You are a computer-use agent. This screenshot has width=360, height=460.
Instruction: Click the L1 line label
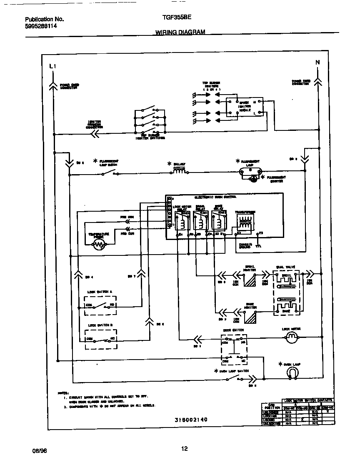tap(52, 66)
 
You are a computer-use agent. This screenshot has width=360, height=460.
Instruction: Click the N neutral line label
tap(317, 62)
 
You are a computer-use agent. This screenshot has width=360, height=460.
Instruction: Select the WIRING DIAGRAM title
tap(180, 32)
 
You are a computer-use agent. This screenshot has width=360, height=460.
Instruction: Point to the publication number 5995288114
tap(41, 26)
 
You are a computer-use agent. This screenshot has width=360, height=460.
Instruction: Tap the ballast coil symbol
tap(179, 171)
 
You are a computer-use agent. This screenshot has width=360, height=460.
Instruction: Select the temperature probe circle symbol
tap(99, 245)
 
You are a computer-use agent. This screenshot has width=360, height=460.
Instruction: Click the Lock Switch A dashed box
tap(100, 305)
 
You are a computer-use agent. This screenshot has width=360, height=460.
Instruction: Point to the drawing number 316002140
tap(191, 420)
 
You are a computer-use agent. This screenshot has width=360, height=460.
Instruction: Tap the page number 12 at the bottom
tap(184, 449)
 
